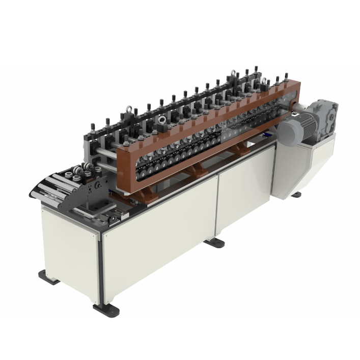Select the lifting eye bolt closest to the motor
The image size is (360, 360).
tap(264, 80)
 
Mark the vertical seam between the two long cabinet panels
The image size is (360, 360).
tap(216, 204)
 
